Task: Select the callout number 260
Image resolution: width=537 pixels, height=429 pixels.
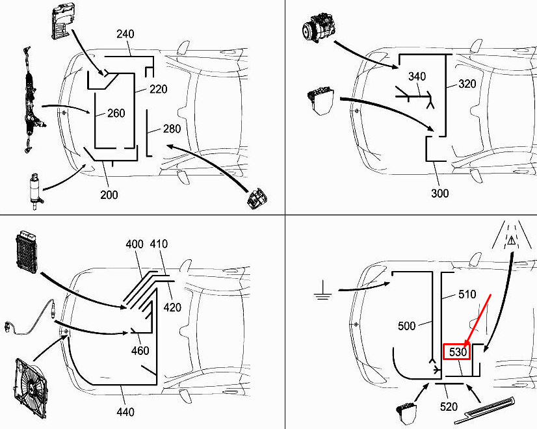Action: [116, 114]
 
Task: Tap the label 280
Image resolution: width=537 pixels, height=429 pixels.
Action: [172, 129]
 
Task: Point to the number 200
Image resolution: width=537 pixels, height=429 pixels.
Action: [109, 194]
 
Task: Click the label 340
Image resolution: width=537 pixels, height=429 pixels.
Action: [417, 77]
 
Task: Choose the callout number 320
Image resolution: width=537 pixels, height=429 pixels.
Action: [467, 84]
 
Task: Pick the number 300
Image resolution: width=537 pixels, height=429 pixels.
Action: [439, 193]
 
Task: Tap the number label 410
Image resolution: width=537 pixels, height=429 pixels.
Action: [158, 244]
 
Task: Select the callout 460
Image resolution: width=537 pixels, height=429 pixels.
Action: [140, 351]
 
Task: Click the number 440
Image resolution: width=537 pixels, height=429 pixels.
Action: [125, 411]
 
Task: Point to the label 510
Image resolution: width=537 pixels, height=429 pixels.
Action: [467, 294]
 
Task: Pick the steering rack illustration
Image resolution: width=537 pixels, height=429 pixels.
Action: [29, 97]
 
